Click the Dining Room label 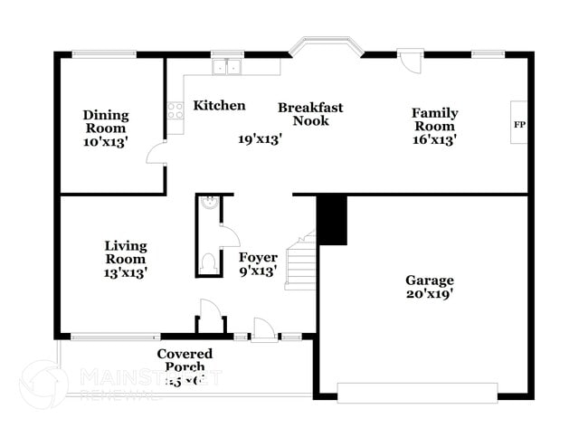point(106,115)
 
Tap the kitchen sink point(226,66)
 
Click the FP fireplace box point(519,124)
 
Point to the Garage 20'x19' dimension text point(430,294)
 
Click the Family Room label point(434,113)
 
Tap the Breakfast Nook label point(310,113)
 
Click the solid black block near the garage point(332,219)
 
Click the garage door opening point(417,391)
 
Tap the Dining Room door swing point(156,152)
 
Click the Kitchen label point(219,106)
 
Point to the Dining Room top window point(104,54)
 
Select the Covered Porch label point(185,354)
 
